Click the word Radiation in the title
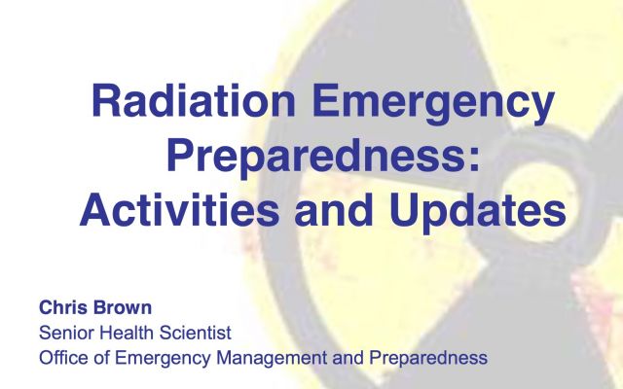click(x=194, y=100)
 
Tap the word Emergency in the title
click(x=433, y=104)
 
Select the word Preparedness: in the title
click(x=323, y=156)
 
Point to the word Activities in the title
click(x=179, y=209)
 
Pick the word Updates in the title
click(x=477, y=213)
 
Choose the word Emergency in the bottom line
click(x=163, y=359)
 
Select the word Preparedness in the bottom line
click(x=428, y=359)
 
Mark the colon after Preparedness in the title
click(x=474, y=160)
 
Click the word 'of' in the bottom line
click(x=102, y=357)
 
